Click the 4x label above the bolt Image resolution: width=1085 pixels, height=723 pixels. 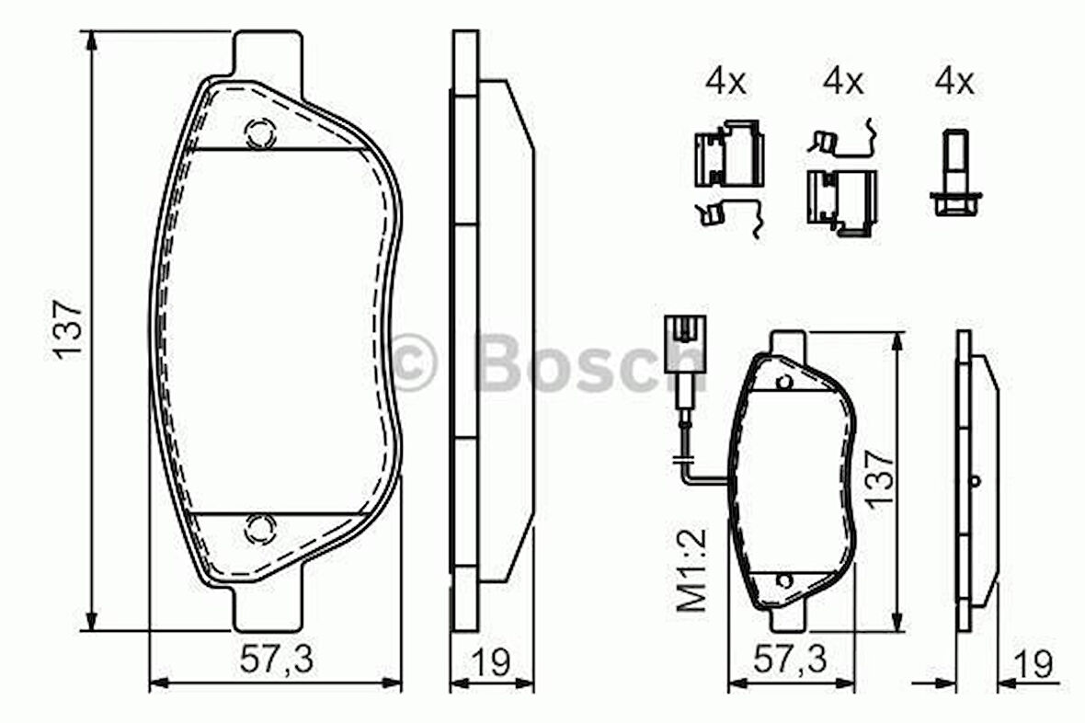pos(954,83)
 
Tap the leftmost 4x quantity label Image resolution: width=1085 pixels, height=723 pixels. pos(725,83)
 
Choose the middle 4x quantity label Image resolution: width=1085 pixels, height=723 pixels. pos(843,83)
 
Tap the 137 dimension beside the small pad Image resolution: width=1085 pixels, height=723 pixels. pos(878,476)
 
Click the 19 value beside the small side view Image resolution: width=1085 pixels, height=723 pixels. pos(1034,664)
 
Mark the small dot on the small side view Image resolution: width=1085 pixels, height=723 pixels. pos(976,479)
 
